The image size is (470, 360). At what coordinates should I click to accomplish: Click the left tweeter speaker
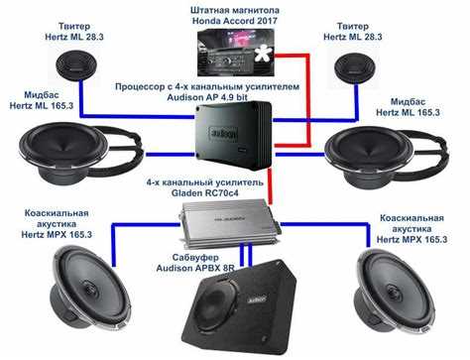click(x=76, y=64)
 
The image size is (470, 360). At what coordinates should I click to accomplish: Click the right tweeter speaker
click(x=355, y=68)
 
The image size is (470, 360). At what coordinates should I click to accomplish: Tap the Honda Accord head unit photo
click(x=236, y=53)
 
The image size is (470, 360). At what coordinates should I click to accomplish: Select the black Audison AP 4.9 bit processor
click(x=233, y=135)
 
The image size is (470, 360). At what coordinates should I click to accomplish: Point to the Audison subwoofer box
click(x=241, y=305)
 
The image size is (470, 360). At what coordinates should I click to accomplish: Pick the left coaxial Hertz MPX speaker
click(x=90, y=289)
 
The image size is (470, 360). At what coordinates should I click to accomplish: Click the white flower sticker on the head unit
click(x=263, y=53)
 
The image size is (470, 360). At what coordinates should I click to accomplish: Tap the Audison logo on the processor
click(x=223, y=134)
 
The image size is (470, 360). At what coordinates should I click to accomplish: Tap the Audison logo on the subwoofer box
click(x=257, y=300)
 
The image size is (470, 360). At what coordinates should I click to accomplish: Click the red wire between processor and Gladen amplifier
click(x=271, y=186)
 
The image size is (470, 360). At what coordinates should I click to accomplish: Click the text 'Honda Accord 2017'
click(x=235, y=21)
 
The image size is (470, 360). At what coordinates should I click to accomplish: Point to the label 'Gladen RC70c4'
click(x=204, y=193)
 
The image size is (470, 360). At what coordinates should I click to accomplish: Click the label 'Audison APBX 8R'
click(x=195, y=268)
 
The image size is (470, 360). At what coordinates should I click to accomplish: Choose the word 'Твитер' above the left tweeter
click(x=74, y=26)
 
